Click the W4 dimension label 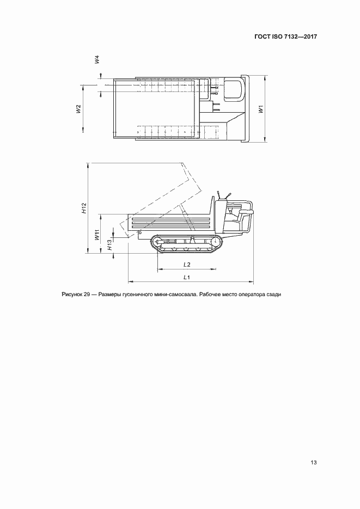point(96,60)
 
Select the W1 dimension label point(261,109)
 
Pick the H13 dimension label point(110,245)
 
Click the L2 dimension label point(187,264)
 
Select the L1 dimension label point(187,277)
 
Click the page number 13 point(314,463)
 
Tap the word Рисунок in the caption point(73,295)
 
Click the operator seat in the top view point(233,90)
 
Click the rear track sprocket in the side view point(215,241)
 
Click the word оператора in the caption point(249,295)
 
